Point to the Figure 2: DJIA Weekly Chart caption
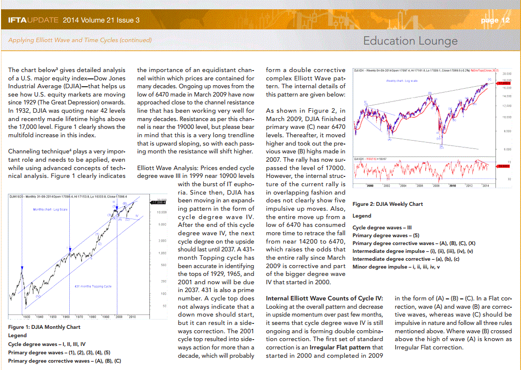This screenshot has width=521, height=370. pyautogui.click(x=388, y=204)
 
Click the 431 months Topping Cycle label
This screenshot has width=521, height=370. pyautogui.click(x=93, y=286)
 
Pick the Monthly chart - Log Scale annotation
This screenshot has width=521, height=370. pyautogui.click(x=50, y=209)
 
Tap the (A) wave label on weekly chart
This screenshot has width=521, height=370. pyautogui.click(x=389, y=139)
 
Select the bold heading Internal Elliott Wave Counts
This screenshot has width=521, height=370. pyautogui.click(x=324, y=298)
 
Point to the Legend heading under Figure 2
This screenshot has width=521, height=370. pyautogui.click(x=362, y=216)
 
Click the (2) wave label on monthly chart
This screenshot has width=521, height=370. pyautogui.click(x=100, y=244)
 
